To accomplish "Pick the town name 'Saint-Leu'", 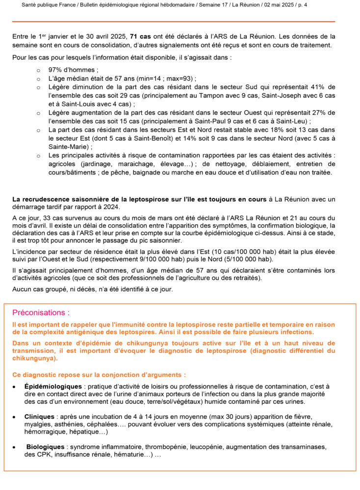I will [293, 122].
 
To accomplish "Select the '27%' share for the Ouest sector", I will [317, 113].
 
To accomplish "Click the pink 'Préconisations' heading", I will [41, 313].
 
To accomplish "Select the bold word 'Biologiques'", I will [45, 447].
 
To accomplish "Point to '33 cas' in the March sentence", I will [58, 218].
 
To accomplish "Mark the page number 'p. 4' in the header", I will [328, 5].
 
